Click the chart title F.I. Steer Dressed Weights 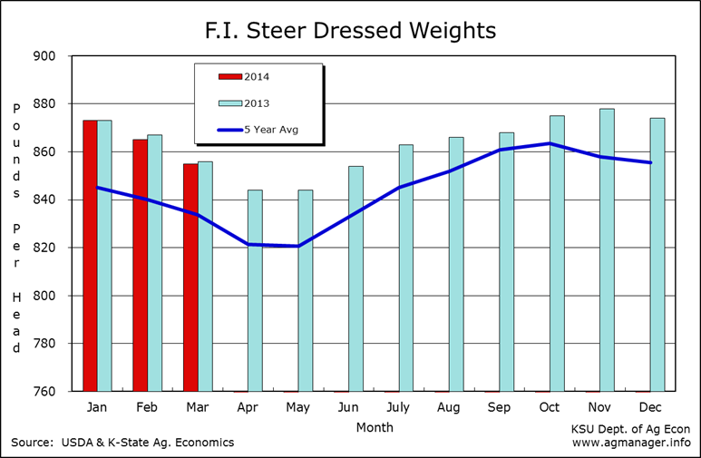point(350,30)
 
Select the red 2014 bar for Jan point(90,256)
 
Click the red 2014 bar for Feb point(140,265)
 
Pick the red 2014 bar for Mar point(190,278)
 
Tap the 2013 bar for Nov point(607,250)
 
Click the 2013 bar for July point(406,268)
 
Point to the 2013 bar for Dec point(657,255)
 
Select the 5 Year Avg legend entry point(258,130)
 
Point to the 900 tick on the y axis point(45,56)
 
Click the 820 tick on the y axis point(45,248)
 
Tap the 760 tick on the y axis point(45,392)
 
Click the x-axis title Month point(375,426)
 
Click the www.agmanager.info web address point(631,443)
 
